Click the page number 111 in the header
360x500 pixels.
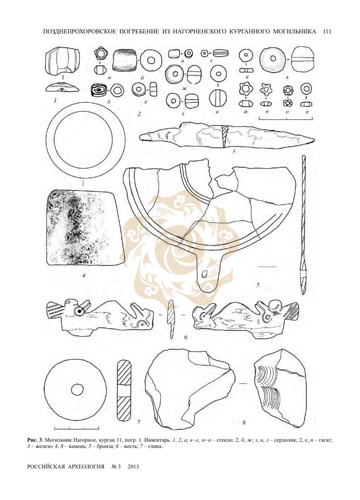click(327, 31)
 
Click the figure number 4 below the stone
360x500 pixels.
click(84, 276)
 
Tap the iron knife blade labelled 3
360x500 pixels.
click(227, 135)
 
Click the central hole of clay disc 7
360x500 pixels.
click(77, 390)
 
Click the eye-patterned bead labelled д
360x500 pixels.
click(100, 90)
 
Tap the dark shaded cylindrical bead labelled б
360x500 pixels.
click(124, 60)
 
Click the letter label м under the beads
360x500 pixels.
click(245, 112)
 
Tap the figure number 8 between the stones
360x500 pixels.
click(244, 423)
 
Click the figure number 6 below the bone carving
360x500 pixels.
click(185, 337)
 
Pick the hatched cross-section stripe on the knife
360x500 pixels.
click(225, 135)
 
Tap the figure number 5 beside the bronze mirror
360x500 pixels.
click(258, 285)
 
